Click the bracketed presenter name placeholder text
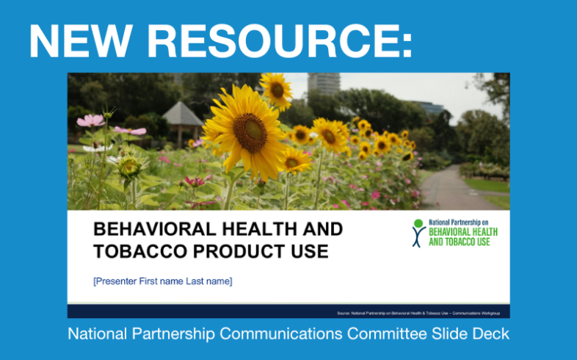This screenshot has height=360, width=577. click(162, 281)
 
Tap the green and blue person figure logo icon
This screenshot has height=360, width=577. click(418, 233)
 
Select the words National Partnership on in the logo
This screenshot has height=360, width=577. click(457, 222)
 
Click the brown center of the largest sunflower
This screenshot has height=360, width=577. click(250, 132)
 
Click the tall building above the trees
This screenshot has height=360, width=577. click(324, 82)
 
